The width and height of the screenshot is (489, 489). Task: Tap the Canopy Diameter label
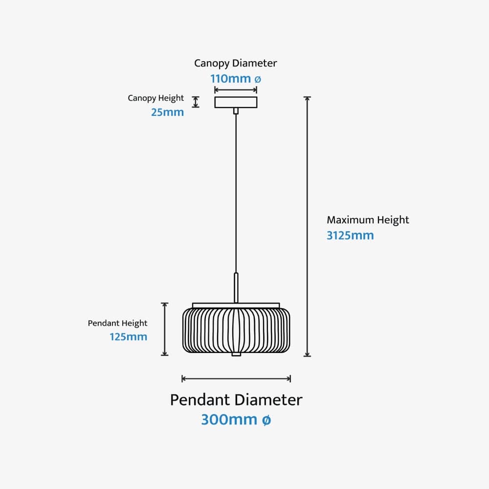coord(236,63)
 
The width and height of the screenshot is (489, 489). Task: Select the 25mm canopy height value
coord(167,112)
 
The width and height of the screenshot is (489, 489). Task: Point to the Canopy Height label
coord(156,98)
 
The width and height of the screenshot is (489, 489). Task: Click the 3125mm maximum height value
coord(350,235)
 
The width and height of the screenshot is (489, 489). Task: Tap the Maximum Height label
coord(368,220)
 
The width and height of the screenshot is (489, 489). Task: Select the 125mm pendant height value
coord(129,336)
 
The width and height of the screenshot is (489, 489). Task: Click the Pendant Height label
coord(117,323)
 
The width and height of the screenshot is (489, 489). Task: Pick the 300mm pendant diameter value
coord(229,420)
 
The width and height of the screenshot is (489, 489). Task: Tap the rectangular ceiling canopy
coord(236,102)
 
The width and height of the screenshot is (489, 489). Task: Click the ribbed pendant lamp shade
coord(237,330)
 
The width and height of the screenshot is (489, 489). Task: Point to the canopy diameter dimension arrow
coord(236,89)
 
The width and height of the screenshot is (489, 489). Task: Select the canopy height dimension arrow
coord(196,102)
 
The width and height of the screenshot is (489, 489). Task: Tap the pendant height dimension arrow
coord(165,329)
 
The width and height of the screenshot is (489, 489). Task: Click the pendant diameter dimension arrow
coord(236,378)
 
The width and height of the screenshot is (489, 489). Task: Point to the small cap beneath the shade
coord(236,354)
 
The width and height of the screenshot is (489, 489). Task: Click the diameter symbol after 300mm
coord(266,420)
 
